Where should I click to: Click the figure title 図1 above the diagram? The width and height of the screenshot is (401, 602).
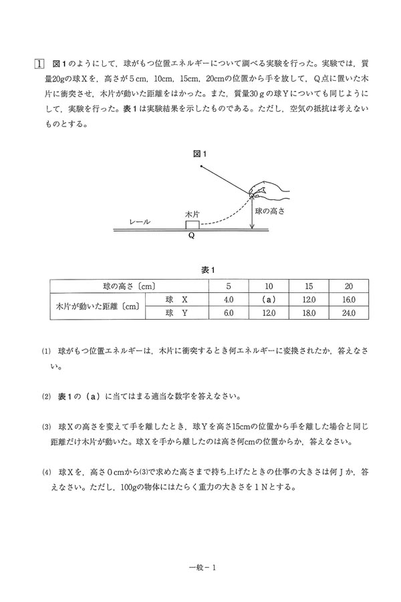[x=200, y=154]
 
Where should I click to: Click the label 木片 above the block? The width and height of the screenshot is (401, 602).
[x=192, y=213]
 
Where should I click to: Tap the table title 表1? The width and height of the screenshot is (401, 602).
[x=207, y=270]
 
